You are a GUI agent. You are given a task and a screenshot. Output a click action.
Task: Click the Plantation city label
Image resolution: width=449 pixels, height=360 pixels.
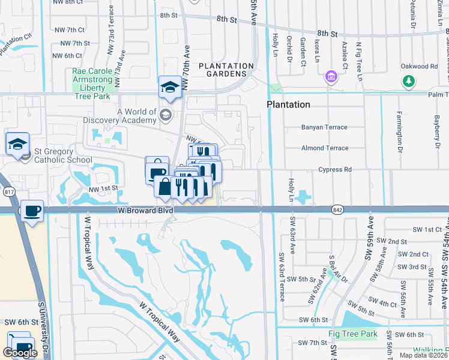click(288, 104)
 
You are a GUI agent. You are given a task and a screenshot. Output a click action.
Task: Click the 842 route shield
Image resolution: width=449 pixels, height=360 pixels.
click(336, 209)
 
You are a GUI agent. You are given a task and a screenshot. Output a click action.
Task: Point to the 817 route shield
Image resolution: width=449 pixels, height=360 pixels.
click(8, 192)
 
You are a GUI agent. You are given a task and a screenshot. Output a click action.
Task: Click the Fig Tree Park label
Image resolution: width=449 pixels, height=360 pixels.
click(352, 334)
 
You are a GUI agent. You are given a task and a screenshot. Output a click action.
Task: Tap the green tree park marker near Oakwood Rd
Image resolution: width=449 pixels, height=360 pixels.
click(408, 80)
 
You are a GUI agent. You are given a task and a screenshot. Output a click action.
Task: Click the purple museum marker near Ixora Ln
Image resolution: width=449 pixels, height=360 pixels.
click(330, 77)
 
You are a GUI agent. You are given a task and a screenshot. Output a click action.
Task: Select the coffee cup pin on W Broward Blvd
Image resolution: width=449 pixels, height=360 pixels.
click(32, 211)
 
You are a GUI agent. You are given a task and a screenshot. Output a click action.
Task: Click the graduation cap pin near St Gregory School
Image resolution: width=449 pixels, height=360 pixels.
click(17, 144)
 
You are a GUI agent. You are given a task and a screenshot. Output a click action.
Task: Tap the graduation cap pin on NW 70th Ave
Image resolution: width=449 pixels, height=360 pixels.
click(170, 88)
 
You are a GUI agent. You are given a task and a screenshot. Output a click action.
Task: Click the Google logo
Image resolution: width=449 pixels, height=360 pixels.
click(20, 353)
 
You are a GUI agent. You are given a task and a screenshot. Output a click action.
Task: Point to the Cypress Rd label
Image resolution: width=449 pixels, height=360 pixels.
click(335, 170)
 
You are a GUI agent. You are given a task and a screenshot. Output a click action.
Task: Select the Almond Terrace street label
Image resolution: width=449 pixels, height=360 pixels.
click(324, 148)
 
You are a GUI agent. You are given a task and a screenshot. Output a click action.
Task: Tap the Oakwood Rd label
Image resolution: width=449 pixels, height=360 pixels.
click(421, 67)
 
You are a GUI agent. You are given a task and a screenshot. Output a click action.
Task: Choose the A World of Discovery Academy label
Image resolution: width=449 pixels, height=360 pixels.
click(137, 116)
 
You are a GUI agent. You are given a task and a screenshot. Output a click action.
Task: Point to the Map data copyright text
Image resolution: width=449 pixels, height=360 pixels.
click(424, 355)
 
